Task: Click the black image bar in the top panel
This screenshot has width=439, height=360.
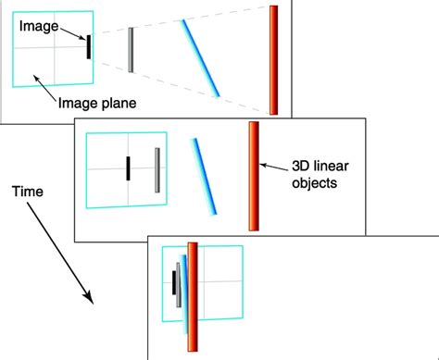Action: pyautogui.click(x=89, y=47)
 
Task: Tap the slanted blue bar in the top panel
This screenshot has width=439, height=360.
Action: pyautogui.click(x=200, y=57)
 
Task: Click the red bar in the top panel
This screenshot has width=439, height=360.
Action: pyautogui.click(x=274, y=60)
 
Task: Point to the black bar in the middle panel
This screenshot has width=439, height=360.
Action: pyautogui.click(x=129, y=168)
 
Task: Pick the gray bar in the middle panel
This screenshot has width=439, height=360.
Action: pyautogui.click(x=157, y=169)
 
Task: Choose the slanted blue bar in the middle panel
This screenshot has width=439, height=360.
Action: pyautogui.click(x=205, y=177)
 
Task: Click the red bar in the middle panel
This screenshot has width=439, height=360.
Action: pyautogui.click(x=253, y=176)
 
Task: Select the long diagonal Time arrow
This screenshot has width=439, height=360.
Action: pyautogui.click(x=60, y=250)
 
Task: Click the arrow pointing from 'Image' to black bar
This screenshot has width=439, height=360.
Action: pyautogui.click(x=72, y=35)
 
